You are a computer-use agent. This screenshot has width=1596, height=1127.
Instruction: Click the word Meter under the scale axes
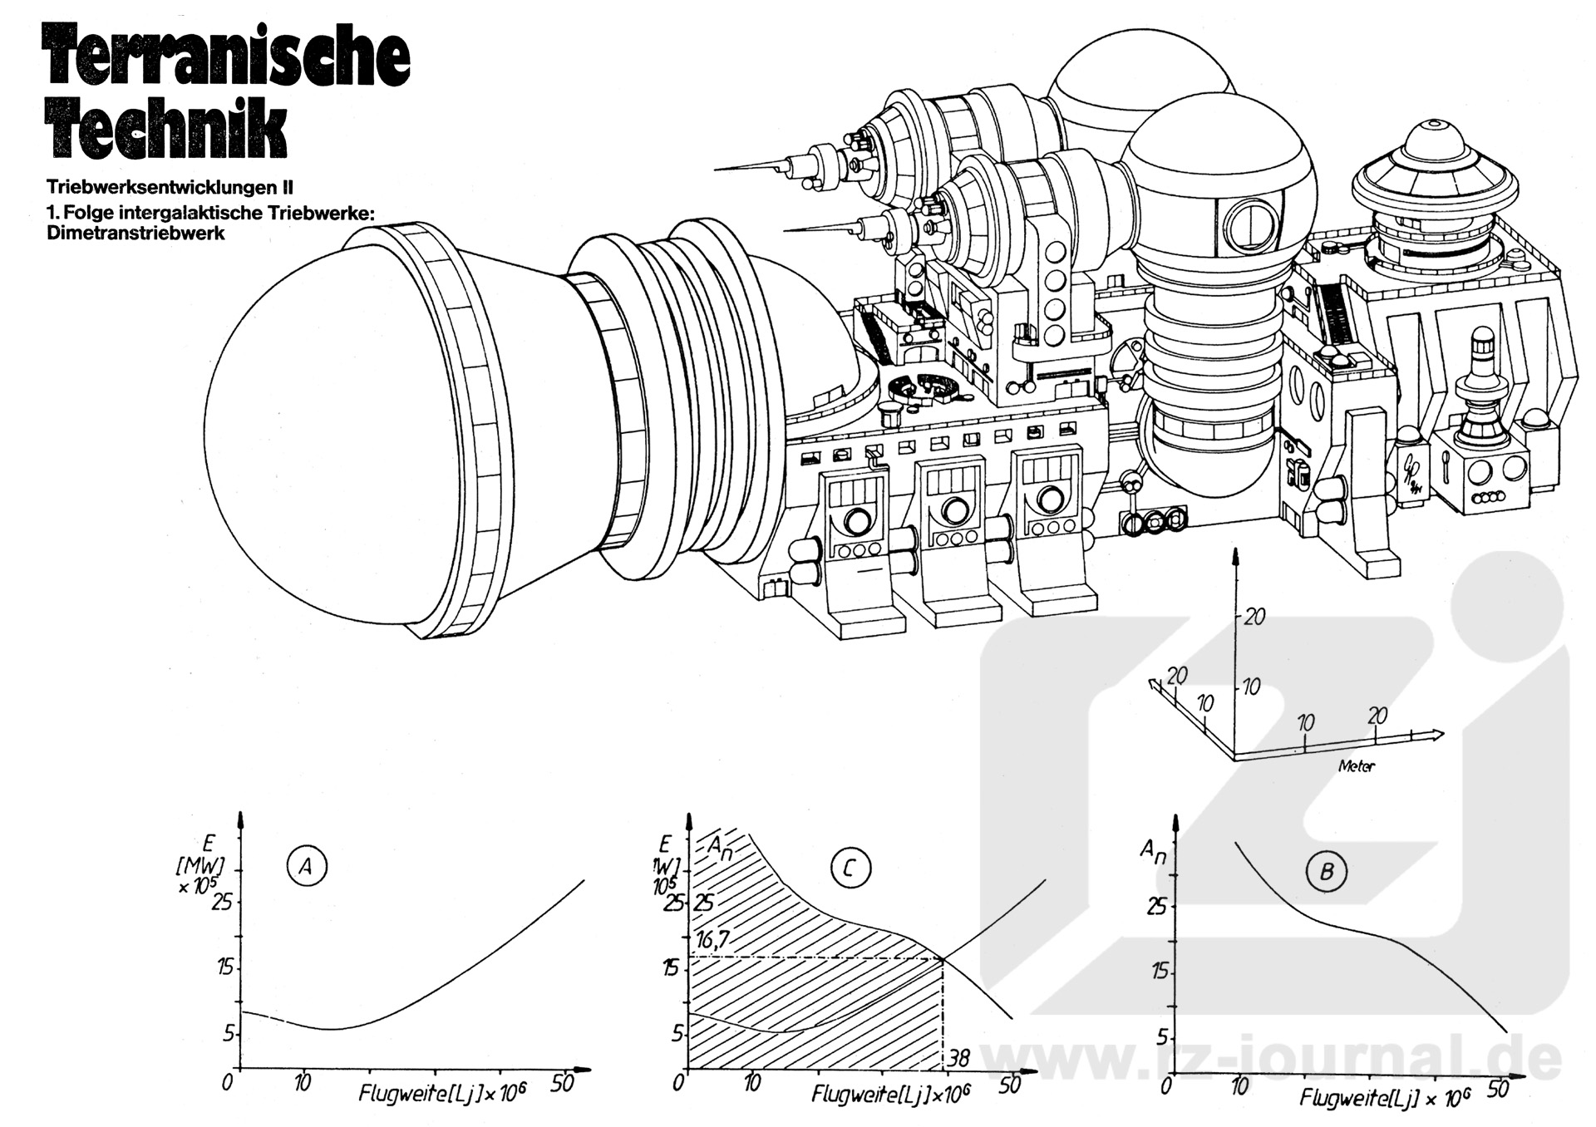coord(1356,766)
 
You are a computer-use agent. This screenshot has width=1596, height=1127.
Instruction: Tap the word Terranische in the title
coord(226,57)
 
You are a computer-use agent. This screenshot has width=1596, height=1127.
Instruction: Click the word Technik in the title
coord(168,127)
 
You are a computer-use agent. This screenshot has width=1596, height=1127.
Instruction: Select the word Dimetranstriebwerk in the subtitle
coord(135,234)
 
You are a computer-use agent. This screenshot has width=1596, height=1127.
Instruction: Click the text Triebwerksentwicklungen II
coord(170,188)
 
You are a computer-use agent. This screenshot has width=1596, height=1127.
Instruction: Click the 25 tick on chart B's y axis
coord(1156,905)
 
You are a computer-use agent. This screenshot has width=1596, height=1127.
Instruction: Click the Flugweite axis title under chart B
coord(1384,1097)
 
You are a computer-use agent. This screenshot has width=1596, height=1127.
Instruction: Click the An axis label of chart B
coord(1151,850)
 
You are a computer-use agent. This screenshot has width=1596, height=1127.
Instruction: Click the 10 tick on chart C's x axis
coord(752,1083)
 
